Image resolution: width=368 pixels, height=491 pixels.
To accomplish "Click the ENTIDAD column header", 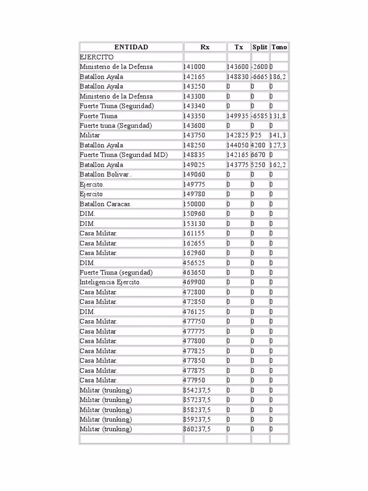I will click(x=131, y=47).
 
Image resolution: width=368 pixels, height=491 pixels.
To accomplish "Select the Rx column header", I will click(x=205, y=47).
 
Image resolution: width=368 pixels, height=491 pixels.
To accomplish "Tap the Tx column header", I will click(x=239, y=47).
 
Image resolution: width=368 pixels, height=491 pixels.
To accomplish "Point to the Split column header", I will click(x=260, y=47).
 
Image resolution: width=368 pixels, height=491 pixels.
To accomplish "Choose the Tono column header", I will click(x=279, y=47).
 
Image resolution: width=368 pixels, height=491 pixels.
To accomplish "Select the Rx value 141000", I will click(x=194, y=67).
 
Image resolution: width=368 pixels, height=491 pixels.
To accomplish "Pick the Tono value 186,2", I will click(x=278, y=77).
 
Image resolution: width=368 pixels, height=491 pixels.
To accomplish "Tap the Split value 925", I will click(x=256, y=135).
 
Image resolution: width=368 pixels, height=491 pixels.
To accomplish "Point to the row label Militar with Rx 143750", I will click(x=90, y=135).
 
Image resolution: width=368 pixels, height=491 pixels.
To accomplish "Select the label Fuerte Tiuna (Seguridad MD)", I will click(x=124, y=155).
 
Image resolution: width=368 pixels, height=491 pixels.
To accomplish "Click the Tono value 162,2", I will click(x=278, y=164).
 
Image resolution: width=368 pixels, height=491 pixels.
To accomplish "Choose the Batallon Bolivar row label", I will click(x=105, y=175).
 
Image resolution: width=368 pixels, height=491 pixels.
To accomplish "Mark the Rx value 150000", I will click(x=194, y=204).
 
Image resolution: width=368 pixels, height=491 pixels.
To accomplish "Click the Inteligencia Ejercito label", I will click(x=110, y=282).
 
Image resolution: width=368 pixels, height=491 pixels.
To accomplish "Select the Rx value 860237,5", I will click(x=197, y=429).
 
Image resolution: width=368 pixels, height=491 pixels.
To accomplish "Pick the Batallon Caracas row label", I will click(x=105, y=204).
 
